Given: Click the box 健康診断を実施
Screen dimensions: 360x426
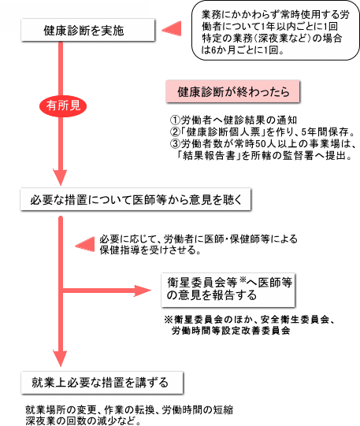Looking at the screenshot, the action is (88, 30).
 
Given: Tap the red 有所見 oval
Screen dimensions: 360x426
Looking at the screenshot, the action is (63, 106).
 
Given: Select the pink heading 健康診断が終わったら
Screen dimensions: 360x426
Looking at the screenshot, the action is (233, 92).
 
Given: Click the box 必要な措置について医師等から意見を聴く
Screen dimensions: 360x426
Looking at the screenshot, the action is (135, 200).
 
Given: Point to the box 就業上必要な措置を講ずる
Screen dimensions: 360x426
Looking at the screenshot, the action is (102, 383).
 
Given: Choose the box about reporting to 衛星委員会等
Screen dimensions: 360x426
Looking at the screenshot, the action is (228, 290).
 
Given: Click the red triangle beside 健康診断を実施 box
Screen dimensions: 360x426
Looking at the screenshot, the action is (172, 29).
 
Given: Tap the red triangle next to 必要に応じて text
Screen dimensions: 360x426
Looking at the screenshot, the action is (85, 245).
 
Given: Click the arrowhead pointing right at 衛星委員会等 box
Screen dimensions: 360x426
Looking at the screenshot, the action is (142, 291).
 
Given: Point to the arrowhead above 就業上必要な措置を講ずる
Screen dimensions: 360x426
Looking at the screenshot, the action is (61, 359).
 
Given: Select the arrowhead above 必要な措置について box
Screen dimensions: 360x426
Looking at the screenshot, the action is (61, 177).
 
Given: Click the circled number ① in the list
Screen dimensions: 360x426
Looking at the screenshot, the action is (175, 120).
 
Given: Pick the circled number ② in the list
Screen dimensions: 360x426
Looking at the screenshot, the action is (175, 132).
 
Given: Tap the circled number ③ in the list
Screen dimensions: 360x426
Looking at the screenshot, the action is (175, 144).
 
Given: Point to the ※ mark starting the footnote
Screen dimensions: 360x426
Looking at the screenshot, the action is (169, 319).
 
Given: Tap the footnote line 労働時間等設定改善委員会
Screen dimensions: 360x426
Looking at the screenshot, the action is (231, 331).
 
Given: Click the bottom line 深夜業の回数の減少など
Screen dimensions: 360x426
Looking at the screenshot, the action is (84, 420).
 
